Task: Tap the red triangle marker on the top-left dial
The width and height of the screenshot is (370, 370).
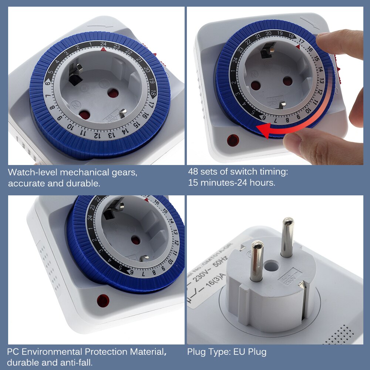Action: coord(103,49)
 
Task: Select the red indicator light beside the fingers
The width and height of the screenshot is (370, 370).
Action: coord(233,140)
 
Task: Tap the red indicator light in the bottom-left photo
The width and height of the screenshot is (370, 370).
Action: coord(103,300)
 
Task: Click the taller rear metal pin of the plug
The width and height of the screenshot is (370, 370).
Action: coord(287,237)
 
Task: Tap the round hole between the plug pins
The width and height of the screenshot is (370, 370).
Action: coord(272,265)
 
